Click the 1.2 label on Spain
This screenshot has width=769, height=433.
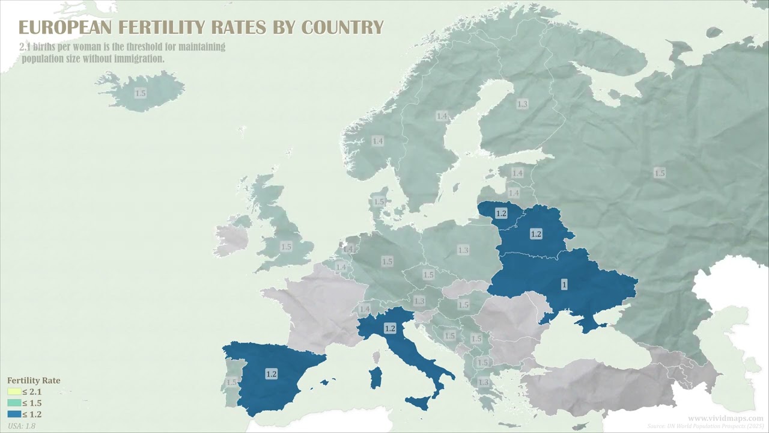point(271,374)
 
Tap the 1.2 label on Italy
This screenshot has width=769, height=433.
point(390,328)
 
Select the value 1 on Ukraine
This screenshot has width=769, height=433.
point(564,284)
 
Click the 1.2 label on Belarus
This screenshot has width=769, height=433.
point(536,234)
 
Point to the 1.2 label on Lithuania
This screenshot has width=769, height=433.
point(501,213)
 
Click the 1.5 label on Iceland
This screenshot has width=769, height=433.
point(140,93)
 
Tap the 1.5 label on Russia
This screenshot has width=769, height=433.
point(660,173)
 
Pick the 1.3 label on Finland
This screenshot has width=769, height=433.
point(522,104)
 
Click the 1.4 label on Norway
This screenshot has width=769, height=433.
point(377,141)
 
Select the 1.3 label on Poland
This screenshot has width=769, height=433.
point(463,250)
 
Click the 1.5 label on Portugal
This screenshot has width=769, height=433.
point(231,382)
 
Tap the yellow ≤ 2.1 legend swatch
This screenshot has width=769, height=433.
point(14,392)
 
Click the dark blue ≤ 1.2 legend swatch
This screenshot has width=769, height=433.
point(14,414)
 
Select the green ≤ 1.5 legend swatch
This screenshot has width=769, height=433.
point(14,404)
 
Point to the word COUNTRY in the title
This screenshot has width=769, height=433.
point(342,28)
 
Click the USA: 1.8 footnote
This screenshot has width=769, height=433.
point(21,426)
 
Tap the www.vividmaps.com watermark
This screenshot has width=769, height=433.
point(725,418)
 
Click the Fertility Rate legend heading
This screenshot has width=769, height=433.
point(34,381)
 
